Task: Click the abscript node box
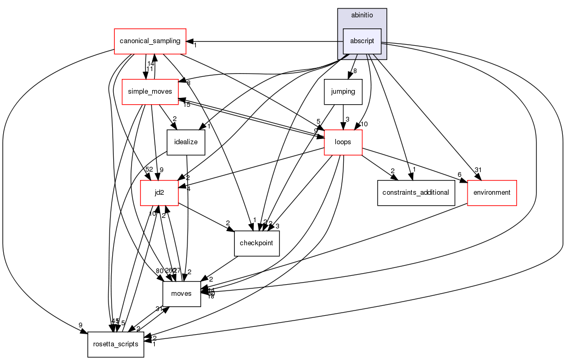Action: [362, 41]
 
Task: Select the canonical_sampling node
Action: [151, 41]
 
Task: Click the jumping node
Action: [343, 92]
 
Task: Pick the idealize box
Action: [185, 142]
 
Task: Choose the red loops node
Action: [343, 142]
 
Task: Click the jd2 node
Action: [159, 193]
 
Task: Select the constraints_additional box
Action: [415, 193]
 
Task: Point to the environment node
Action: [492, 193]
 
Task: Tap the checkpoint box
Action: [256, 243]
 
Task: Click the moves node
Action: [182, 294]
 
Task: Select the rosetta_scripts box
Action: [116, 344]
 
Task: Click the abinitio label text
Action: [362, 16]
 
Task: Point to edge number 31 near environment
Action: [478, 169]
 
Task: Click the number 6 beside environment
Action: [460, 174]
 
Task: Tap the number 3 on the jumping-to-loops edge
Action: [347, 119]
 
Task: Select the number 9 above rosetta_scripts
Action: [81, 325]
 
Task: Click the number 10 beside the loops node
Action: [364, 124]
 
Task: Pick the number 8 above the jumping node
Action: [355, 71]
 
